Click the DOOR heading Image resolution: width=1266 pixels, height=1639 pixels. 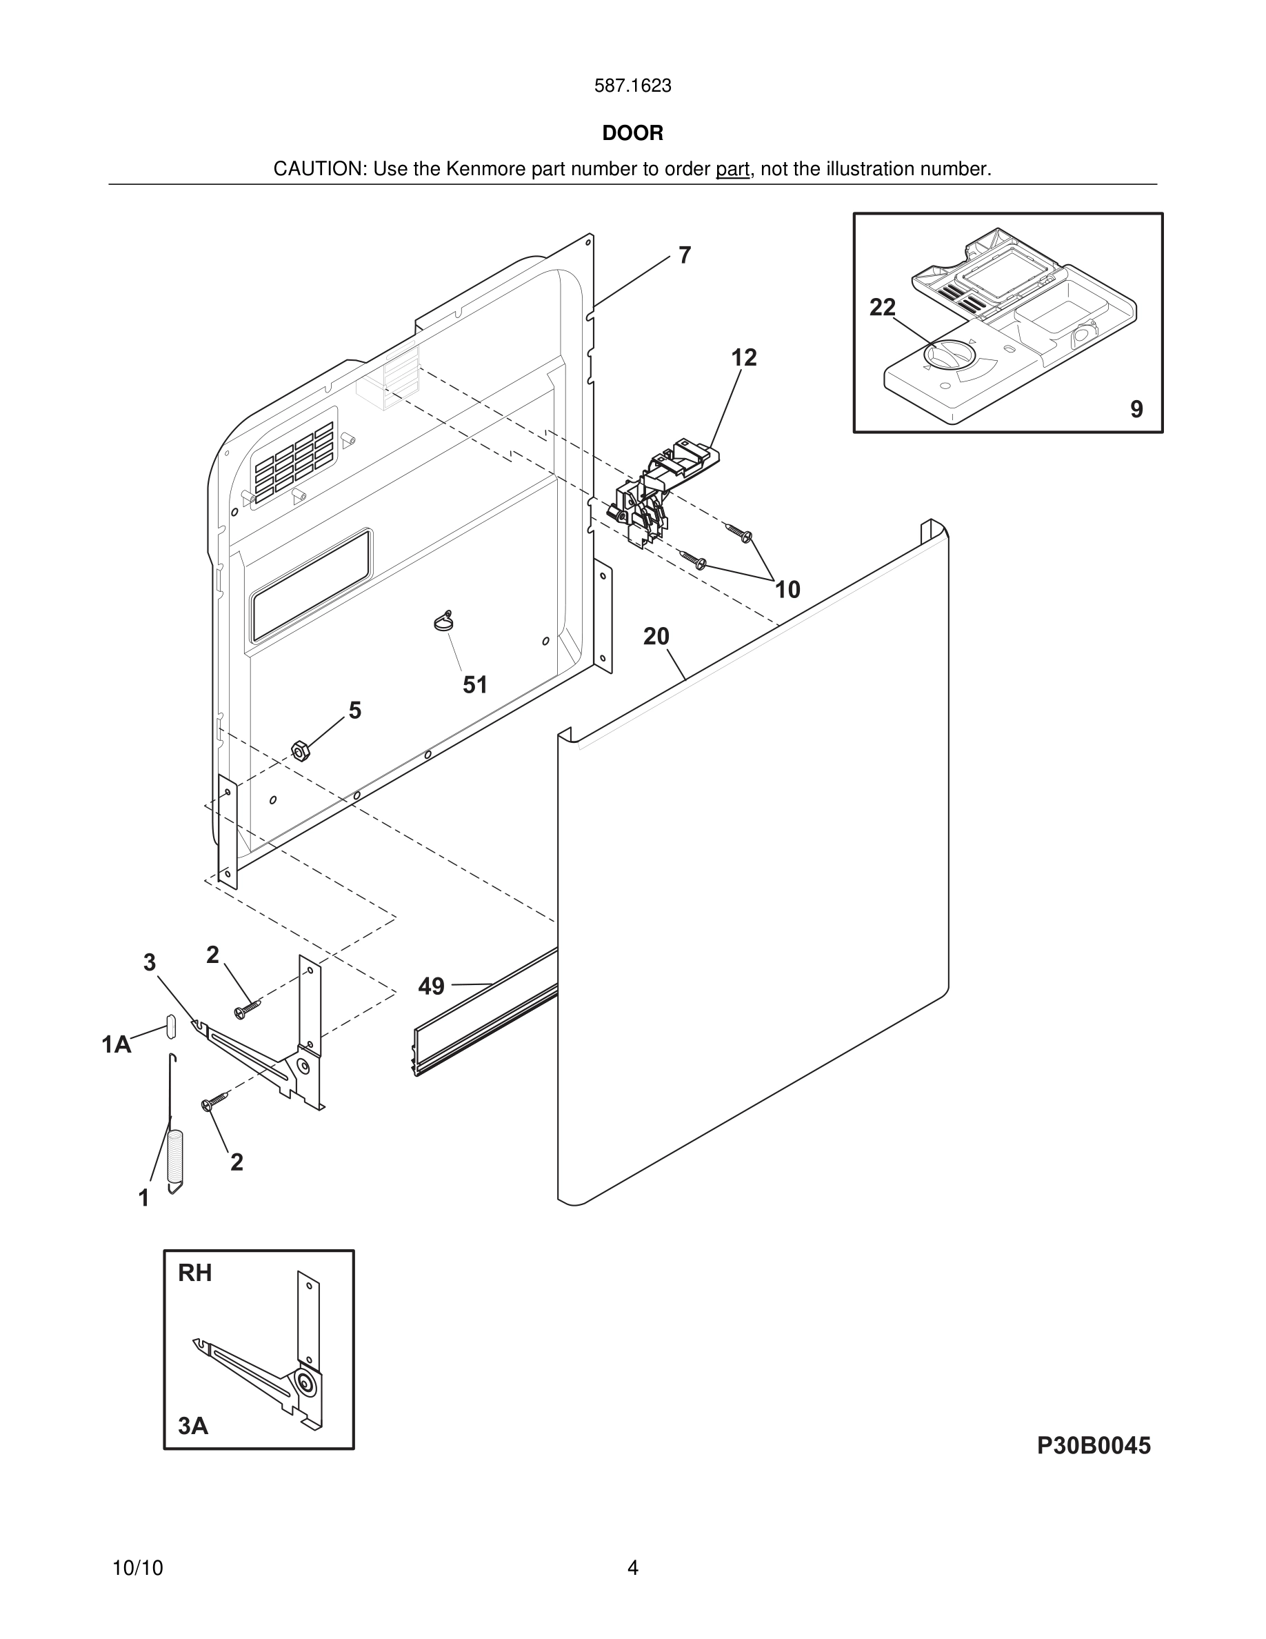632,133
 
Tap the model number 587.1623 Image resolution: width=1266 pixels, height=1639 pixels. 632,86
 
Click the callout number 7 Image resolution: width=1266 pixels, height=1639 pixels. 684,255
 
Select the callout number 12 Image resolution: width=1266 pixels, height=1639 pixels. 744,357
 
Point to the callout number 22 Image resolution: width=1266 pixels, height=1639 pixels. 882,307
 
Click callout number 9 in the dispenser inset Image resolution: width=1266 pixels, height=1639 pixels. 1136,409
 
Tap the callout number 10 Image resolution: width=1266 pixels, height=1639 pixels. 787,589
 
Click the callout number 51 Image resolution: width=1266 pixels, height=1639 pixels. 474,684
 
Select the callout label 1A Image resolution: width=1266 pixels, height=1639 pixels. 117,1044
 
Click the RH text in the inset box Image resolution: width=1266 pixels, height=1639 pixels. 195,1273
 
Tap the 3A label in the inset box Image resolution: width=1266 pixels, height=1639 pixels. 193,1425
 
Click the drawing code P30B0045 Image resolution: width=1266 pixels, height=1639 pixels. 1093,1445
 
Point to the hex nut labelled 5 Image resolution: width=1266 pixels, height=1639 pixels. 299,751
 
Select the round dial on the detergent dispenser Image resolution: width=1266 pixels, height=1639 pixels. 949,356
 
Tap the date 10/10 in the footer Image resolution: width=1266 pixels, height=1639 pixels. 137,1568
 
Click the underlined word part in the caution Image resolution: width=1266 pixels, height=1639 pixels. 732,170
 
